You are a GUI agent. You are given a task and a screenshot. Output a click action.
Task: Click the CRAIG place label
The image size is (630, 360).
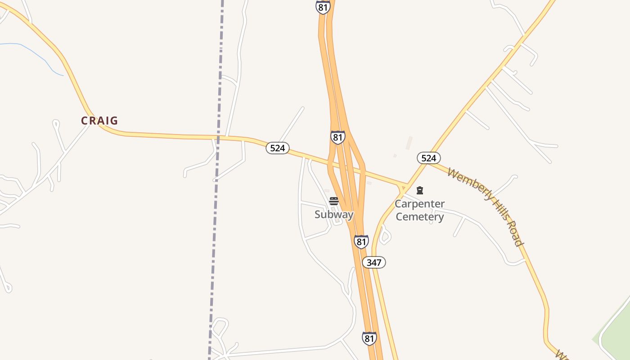[x=99, y=121]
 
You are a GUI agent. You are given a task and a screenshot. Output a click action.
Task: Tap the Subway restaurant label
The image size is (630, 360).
[x=334, y=214]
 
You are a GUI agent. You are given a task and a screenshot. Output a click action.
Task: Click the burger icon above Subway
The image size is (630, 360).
[x=333, y=201]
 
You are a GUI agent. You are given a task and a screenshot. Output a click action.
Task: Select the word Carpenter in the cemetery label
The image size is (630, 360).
[x=419, y=204]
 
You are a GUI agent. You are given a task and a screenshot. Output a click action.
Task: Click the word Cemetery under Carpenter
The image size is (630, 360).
[x=419, y=217]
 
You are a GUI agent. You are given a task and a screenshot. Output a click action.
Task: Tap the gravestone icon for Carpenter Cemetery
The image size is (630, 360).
[x=420, y=190]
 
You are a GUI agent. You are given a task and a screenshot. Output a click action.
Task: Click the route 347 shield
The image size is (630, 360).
[x=374, y=262]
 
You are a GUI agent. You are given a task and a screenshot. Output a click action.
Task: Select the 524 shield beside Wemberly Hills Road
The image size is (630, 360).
[x=428, y=158]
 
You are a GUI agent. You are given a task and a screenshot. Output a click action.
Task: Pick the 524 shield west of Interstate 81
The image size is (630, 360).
[x=277, y=148]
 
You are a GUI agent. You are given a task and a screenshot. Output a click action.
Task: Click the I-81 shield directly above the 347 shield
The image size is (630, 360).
[x=361, y=242]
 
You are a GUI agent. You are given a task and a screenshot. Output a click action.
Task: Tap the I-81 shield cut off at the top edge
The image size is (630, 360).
[x=323, y=7]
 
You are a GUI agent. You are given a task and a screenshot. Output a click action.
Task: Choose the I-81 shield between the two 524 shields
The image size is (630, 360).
[x=337, y=137]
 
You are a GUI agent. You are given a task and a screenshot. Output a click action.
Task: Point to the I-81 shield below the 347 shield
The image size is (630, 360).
[x=369, y=338]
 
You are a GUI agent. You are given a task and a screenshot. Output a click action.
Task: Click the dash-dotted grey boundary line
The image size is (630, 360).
[x=217, y=135]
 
